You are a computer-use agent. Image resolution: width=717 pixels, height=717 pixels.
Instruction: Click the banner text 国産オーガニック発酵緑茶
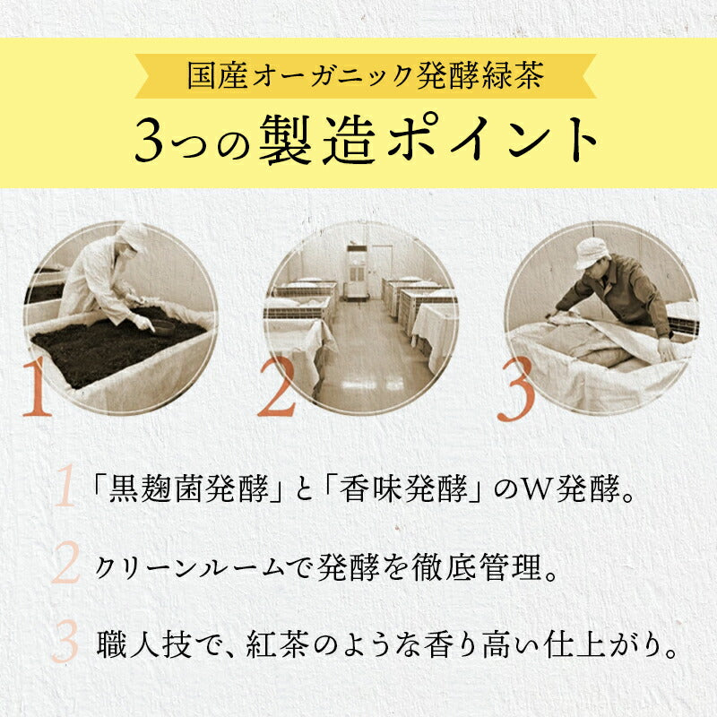[366, 75]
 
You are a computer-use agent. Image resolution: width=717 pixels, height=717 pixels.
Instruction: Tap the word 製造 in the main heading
[317, 140]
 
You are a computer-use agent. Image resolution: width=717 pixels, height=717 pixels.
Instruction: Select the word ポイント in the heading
[494, 140]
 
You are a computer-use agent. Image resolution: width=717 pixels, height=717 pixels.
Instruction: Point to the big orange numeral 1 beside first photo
[37, 387]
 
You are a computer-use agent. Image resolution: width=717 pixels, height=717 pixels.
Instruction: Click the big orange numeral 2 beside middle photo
[277, 387]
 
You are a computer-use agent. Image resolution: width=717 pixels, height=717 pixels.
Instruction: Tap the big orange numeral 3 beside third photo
[516, 389]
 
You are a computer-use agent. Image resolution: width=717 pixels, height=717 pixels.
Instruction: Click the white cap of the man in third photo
[591, 253]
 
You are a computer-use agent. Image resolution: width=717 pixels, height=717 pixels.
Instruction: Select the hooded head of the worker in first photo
[131, 239]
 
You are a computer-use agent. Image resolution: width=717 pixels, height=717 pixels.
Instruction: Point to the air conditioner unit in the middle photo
[357, 272]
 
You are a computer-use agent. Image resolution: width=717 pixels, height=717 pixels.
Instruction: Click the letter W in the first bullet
[539, 489]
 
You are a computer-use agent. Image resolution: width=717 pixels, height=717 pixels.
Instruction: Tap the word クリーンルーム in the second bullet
[189, 567]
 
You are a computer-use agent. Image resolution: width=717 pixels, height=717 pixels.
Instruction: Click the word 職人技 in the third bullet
[144, 645]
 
